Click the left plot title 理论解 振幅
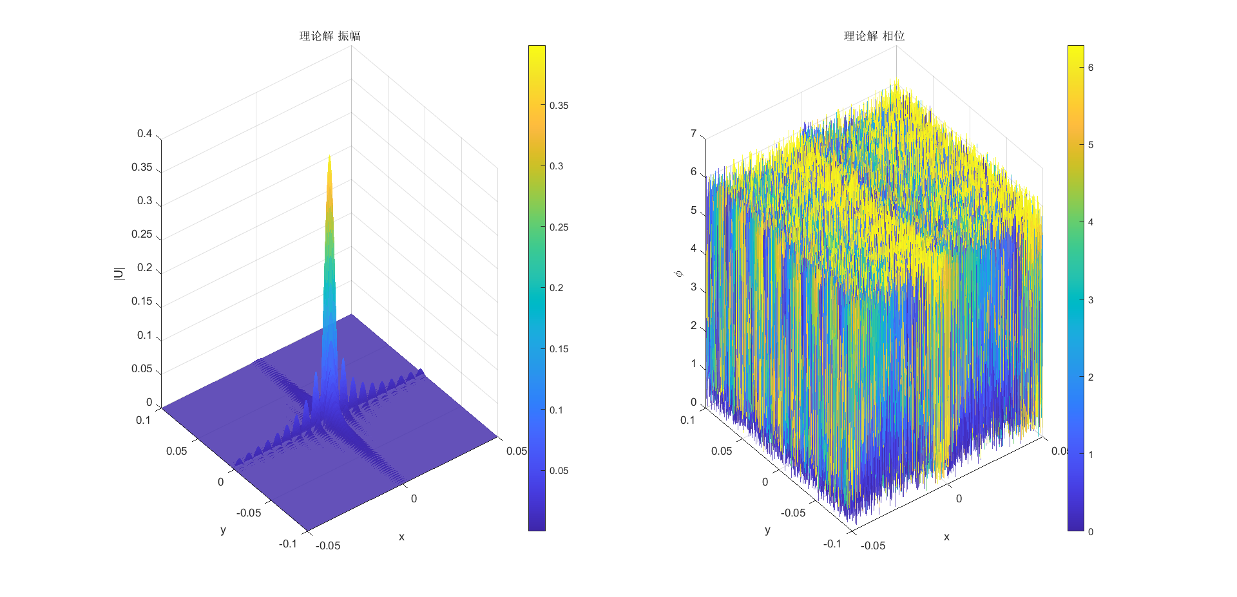(x=330, y=36)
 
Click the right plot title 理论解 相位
(x=874, y=36)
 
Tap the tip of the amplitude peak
(x=329, y=156)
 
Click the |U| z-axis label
(x=119, y=274)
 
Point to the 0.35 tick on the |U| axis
(x=142, y=167)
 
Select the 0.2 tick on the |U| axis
(x=144, y=268)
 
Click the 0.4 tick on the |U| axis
(x=144, y=134)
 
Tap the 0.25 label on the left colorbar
(x=559, y=227)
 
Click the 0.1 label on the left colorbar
(x=556, y=410)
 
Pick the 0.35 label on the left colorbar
(x=559, y=106)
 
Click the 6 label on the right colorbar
(x=1091, y=68)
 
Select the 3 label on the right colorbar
(x=1091, y=300)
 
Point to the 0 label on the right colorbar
(x=1091, y=532)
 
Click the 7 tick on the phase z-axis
(x=694, y=134)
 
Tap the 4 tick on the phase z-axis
(x=694, y=249)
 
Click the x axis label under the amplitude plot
(x=401, y=537)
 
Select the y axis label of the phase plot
(x=767, y=530)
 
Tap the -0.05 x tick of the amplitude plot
(x=328, y=546)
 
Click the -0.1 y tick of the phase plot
(x=832, y=544)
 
